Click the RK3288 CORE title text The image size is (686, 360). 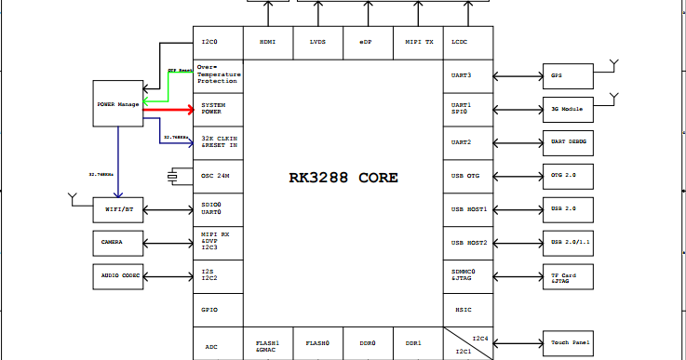(344, 178)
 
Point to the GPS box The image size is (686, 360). (569, 75)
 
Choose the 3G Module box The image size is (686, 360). (569, 109)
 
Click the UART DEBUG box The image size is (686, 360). (569, 142)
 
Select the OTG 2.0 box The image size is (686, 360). (569, 176)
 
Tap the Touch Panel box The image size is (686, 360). (569, 343)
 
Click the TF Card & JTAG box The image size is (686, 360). (569, 276)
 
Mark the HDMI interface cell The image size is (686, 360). (268, 42)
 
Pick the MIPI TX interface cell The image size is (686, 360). (419, 42)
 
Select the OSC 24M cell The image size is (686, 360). (218, 176)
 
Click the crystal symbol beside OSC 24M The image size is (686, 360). (173, 176)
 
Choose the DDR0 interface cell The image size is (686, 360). (368, 343)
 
